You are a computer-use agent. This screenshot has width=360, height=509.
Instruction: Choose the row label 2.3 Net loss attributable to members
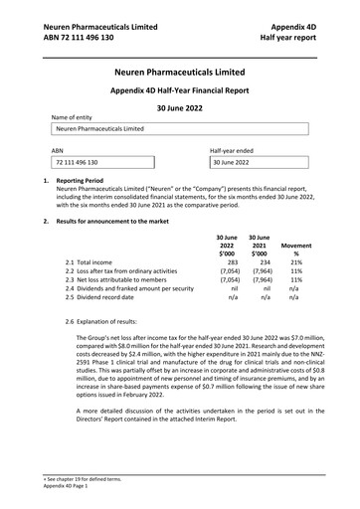128,279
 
